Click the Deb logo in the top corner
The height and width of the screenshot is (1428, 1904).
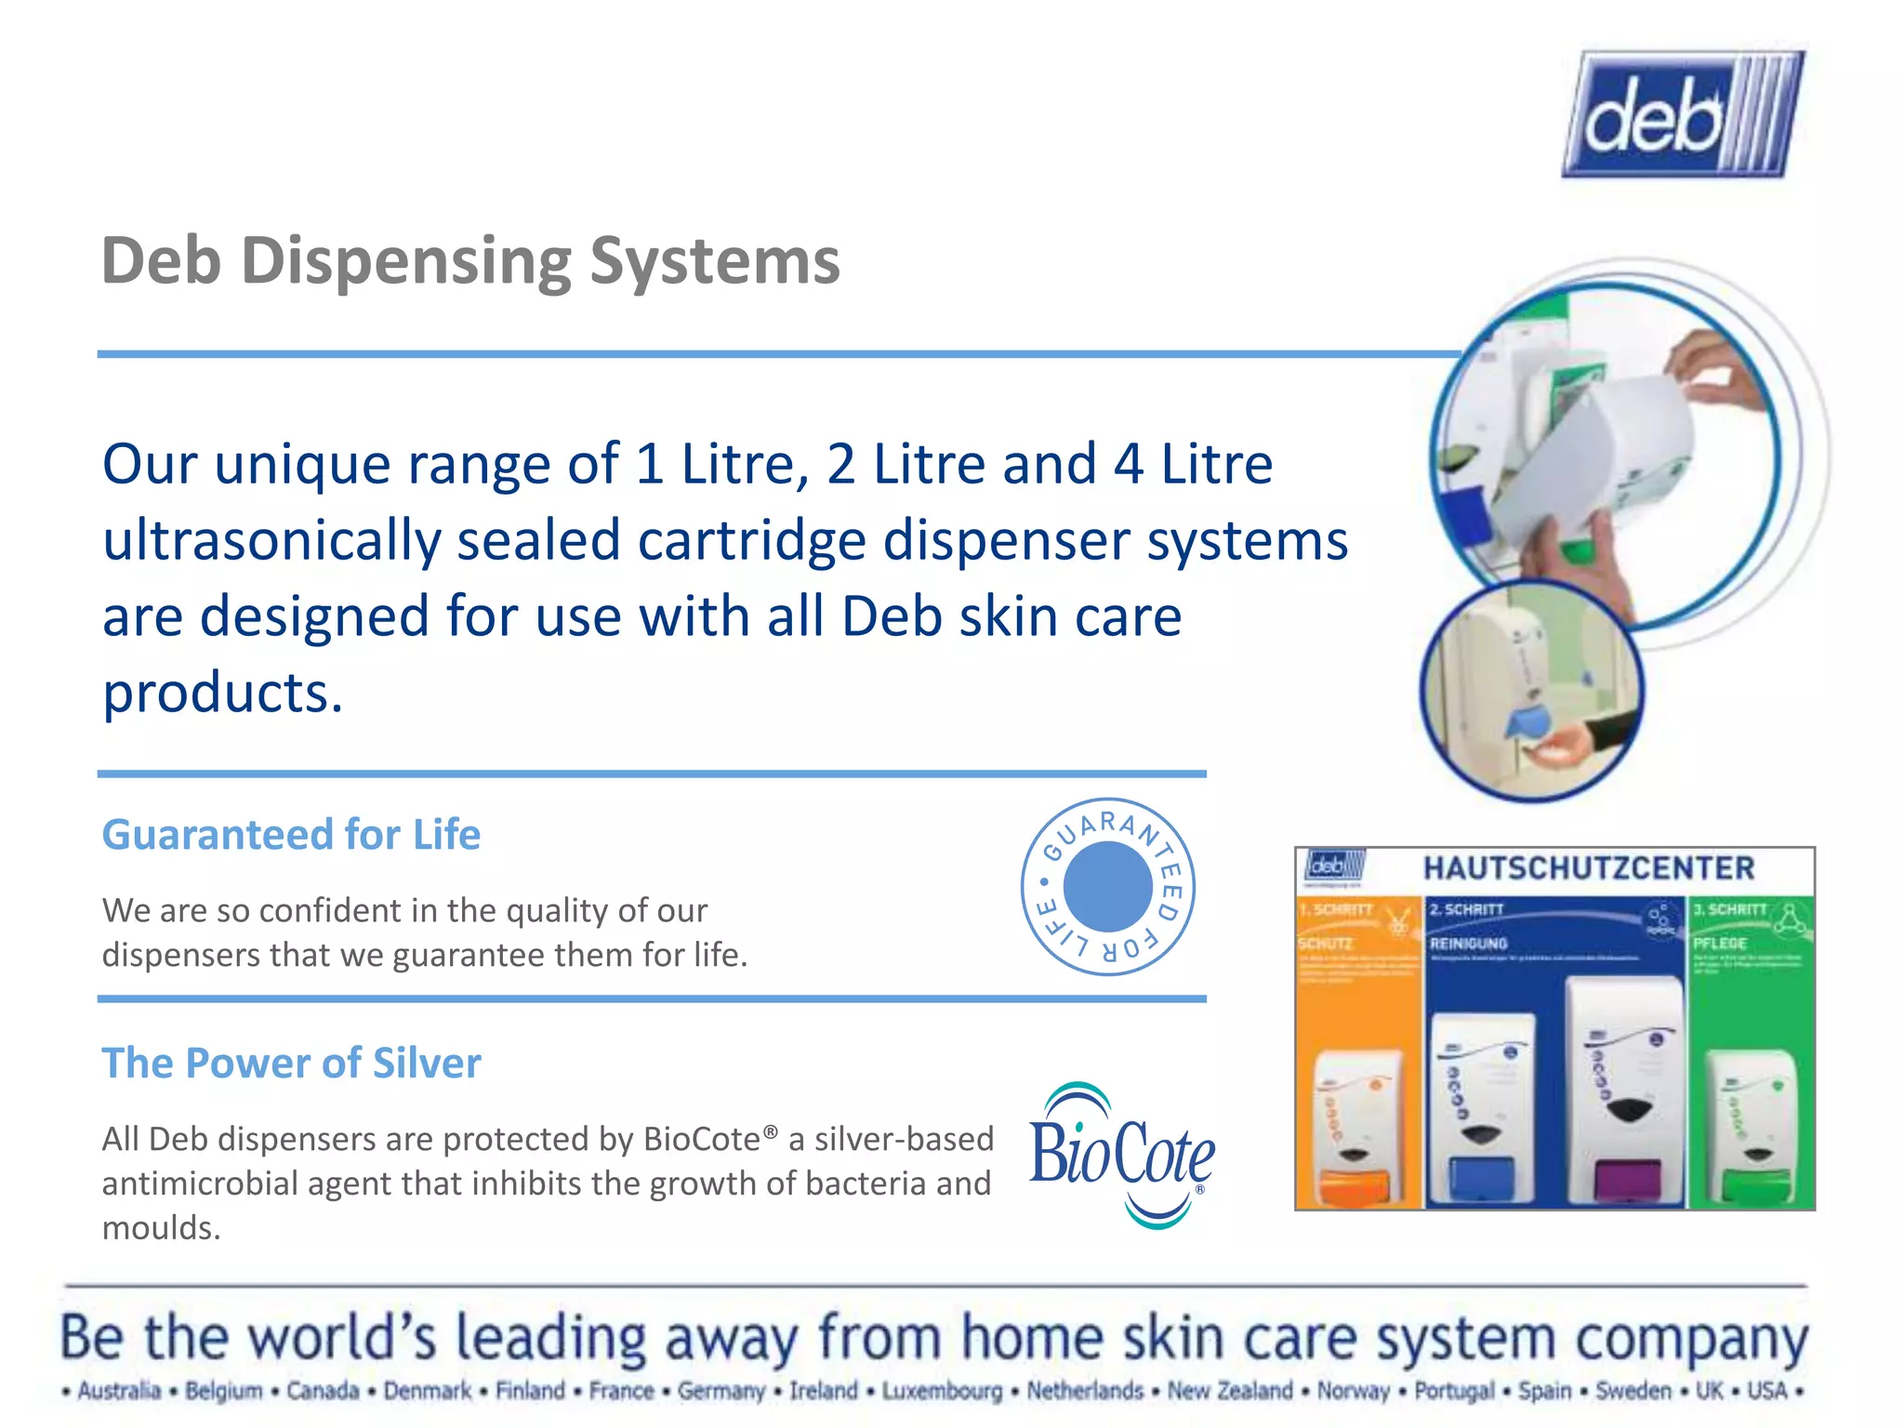tap(1683, 113)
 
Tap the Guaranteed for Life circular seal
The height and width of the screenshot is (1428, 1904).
tap(1107, 886)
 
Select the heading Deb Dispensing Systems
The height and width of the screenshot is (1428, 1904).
tap(470, 261)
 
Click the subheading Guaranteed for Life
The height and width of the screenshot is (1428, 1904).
tap(291, 835)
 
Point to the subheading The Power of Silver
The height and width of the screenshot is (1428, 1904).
tap(291, 1063)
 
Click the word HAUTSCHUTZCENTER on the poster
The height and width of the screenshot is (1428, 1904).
tap(1588, 868)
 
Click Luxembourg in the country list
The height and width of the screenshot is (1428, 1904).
tap(942, 1391)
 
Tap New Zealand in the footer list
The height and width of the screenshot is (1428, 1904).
tap(1229, 1391)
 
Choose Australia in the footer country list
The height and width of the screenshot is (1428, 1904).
tap(119, 1391)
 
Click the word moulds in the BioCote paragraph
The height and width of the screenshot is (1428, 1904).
tap(161, 1228)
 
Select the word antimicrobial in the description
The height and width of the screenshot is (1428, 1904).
tap(199, 1183)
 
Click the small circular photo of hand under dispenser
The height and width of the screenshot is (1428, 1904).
tap(1531, 690)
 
